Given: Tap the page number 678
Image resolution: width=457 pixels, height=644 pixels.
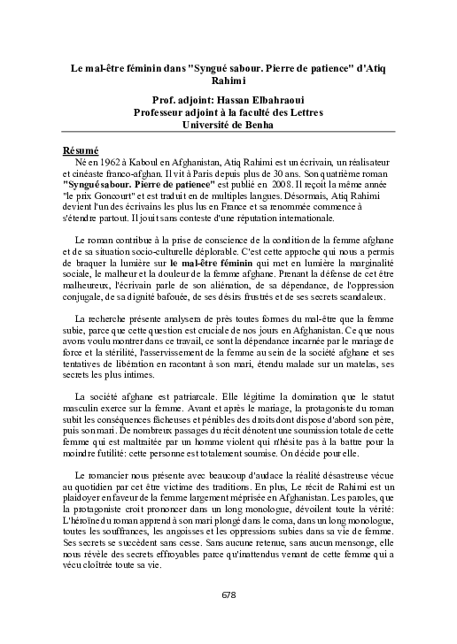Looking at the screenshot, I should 228,618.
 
